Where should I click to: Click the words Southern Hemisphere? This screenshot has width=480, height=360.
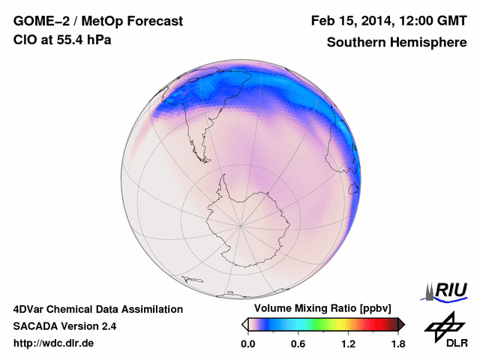396,43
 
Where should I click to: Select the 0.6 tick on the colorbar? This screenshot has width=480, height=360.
298,344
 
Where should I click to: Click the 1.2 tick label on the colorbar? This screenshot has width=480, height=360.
348,344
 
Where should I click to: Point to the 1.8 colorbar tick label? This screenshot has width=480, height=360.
397,344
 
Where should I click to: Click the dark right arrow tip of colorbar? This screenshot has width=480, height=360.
402,324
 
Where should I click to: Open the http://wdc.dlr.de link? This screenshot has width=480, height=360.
54,343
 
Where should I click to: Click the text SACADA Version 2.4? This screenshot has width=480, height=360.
64,326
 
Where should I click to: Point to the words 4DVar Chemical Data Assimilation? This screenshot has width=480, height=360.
97,309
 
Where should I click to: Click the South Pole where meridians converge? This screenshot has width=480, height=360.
241,224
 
